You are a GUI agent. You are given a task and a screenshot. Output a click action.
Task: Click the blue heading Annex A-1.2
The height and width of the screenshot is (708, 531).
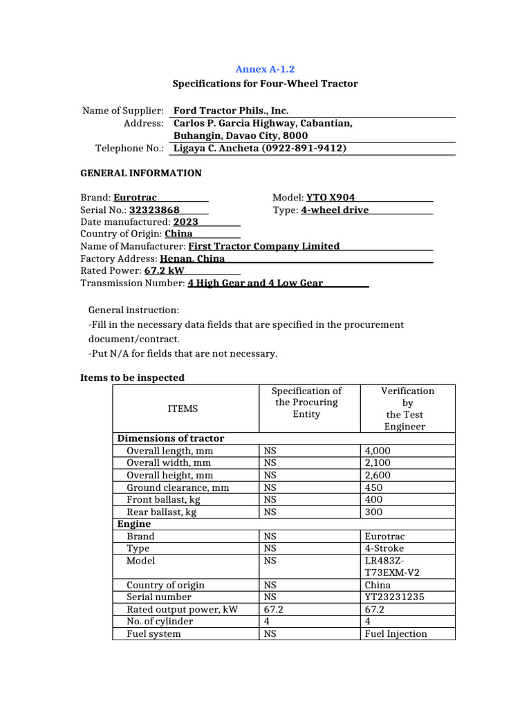265,69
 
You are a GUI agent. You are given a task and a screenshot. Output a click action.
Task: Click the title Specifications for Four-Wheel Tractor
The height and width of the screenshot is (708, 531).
265,84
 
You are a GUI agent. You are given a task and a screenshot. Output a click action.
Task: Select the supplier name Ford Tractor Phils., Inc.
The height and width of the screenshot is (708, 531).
231,111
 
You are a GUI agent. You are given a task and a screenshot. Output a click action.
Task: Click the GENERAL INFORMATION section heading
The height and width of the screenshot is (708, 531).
141,173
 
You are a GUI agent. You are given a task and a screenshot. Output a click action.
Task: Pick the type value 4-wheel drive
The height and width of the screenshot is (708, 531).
335,209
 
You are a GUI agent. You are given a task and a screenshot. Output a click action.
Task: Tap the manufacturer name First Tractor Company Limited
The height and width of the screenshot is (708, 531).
264,246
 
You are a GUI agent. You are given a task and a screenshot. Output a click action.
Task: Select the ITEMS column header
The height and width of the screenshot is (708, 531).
183,409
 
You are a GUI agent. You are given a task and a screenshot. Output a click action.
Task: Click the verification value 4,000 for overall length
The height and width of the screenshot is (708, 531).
378,451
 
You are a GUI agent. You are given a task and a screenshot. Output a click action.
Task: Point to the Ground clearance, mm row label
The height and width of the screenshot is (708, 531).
178,487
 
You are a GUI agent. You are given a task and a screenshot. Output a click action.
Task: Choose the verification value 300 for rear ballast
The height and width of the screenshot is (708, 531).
373,512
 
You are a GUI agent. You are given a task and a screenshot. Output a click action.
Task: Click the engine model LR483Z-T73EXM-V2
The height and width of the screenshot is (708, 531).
391,567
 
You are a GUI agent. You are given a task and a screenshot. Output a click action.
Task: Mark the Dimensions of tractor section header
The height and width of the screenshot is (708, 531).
171,438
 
